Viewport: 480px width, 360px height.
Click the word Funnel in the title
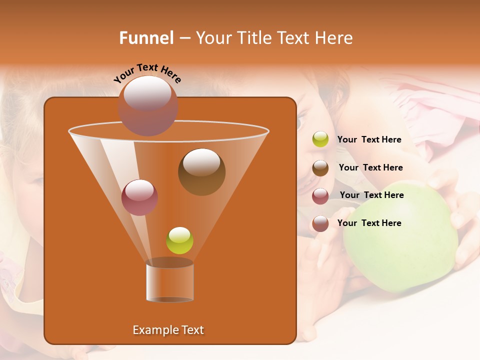pyautogui.click(x=146, y=38)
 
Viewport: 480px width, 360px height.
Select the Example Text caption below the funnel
pyautogui.click(x=168, y=330)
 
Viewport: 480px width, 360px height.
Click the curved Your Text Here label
pyautogui.click(x=147, y=72)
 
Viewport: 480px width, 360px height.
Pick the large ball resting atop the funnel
pyautogui.click(x=147, y=105)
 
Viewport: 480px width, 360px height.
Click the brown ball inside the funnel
pyautogui.click(x=201, y=171)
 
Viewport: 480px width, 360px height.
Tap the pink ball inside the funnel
pyautogui.click(x=139, y=197)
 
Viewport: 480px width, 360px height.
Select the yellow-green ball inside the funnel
pyautogui.click(x=179, y=240)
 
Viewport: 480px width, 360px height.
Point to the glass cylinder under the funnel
pyautogui.click(x=169, y=280)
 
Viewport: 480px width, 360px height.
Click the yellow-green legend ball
pyautogui.click(x=320, y=139)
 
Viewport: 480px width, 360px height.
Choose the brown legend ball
pyautogui.click(x=320, y=168)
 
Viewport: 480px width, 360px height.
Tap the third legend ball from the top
pyautogui.click(x=320, y=196)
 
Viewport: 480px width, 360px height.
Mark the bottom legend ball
pyautogui.click(x=320, y=223)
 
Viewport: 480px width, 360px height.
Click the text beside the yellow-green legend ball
pyautogui.click(x=369, y=139)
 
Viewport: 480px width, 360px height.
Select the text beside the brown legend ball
pyautogui.click(x=370, y=167)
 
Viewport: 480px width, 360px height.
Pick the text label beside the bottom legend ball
pyautogui.click(x=369, y=223)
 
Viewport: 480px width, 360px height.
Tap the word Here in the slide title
pyautogui.click(x=334, y=38)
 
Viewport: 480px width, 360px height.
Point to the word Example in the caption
pyautogui.click(x=152, y=330)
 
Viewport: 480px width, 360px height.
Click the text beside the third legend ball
pyautogui.click(x=371, y=195)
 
